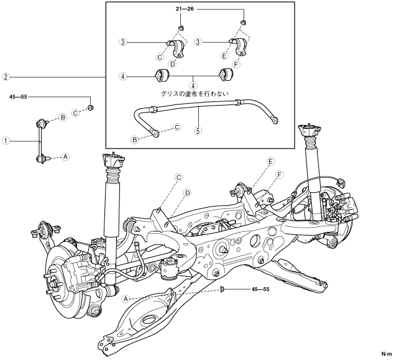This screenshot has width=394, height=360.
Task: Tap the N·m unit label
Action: coord(386,354)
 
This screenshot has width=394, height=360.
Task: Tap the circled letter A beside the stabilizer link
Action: coord(65,157)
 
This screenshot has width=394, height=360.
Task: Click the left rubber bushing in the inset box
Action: coord(162,77)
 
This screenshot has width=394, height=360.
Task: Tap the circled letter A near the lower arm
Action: coord(126,298)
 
